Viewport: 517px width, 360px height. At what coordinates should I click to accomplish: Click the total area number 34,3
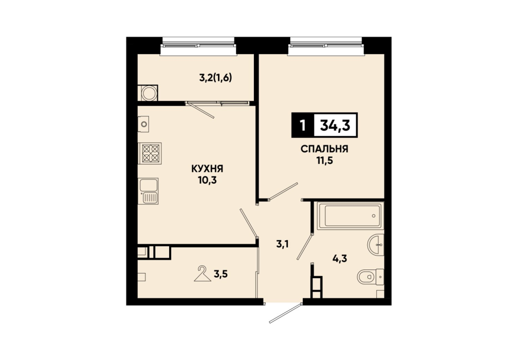coord(335,125)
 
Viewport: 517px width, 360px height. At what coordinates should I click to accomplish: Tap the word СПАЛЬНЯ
coord(324,149)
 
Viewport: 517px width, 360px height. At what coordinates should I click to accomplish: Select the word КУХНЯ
coord(207,169)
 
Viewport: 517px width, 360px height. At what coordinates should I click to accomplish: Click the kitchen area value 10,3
coord(208,181)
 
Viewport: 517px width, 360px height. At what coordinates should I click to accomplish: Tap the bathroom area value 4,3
coord(339,258)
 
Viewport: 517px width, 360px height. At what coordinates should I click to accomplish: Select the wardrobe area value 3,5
coord(221,274)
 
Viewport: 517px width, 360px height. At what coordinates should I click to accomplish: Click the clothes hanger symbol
coord(202,274)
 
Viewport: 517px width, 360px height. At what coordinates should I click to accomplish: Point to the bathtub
coord(350,215)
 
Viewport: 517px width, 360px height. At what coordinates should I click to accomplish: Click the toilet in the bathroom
coord(371,277)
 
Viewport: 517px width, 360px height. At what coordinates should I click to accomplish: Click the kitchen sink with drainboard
coord(148,191)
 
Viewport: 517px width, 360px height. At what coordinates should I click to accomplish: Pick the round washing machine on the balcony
coord(148,93)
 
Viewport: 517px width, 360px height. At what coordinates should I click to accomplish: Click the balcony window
coord(198,46)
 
